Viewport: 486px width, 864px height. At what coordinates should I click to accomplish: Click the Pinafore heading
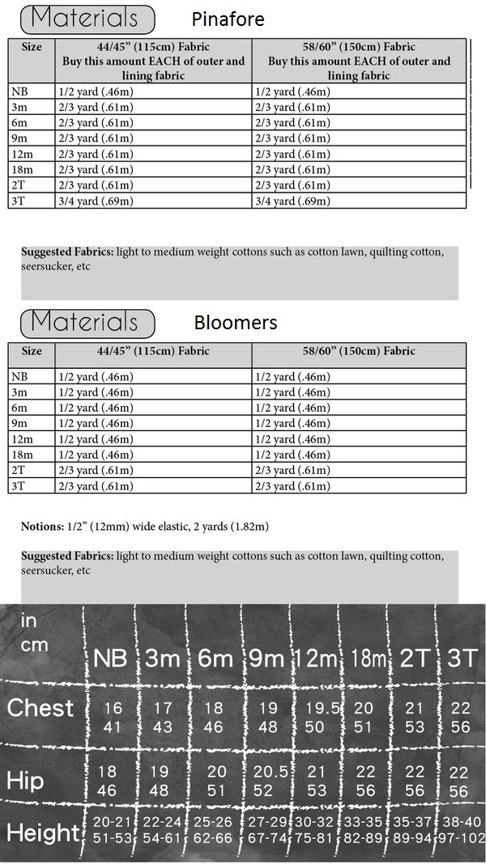[x=228, y=19]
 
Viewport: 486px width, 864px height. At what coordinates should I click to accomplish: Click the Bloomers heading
[x=235, y=323]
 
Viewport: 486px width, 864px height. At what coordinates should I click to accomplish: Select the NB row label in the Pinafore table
[x=19, y=92]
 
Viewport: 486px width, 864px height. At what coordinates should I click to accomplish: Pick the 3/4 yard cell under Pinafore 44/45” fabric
[x=95, y=201]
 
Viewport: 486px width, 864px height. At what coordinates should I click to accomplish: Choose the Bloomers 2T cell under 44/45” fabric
[x=95, y=470]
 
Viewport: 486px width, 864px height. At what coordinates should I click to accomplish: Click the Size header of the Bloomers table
[x=32, y=351]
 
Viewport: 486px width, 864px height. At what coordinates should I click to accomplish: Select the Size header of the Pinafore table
[x=32, y=47]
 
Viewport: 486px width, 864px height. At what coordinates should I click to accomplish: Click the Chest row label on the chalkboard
[x=40, y=709]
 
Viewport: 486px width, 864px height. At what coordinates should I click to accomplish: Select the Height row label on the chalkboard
[x=42, y=832]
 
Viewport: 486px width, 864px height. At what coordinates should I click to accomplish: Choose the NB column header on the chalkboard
[x=110, y=659]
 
